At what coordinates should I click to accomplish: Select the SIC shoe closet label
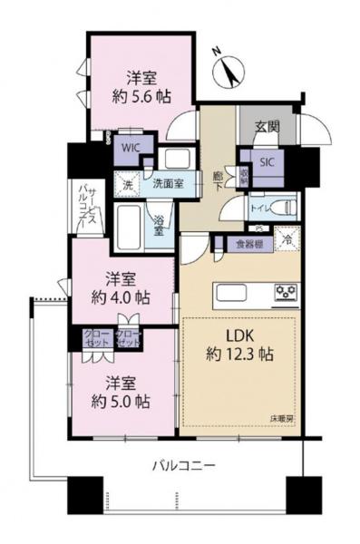tap(268, 163)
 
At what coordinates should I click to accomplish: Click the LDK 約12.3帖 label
tap(240, 345)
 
